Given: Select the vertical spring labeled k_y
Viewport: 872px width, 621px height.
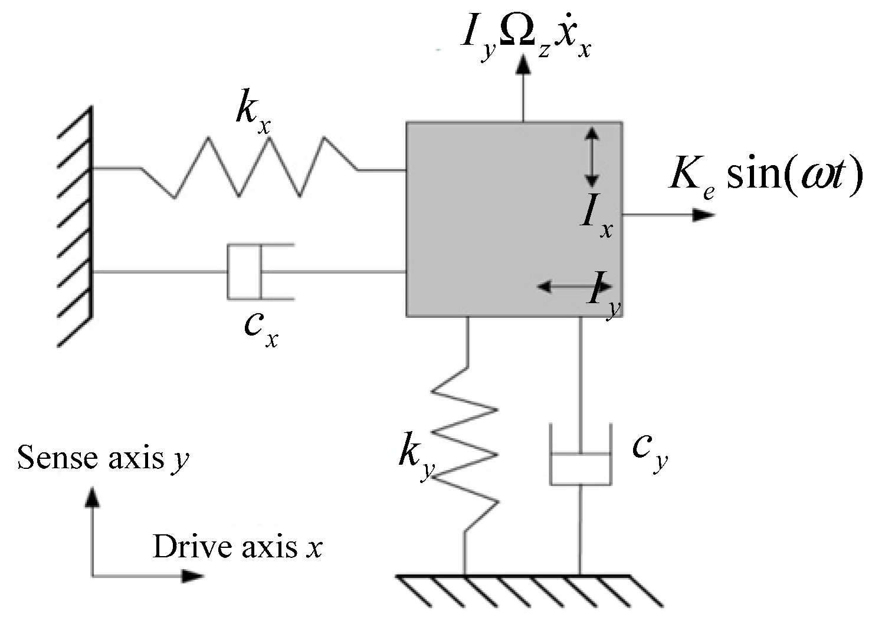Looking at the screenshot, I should click(x=466, y=448).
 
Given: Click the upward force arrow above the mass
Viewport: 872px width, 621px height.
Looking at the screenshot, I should click(x=523, y=88).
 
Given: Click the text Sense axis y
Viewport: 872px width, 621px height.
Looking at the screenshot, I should click(x=103, y=458).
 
